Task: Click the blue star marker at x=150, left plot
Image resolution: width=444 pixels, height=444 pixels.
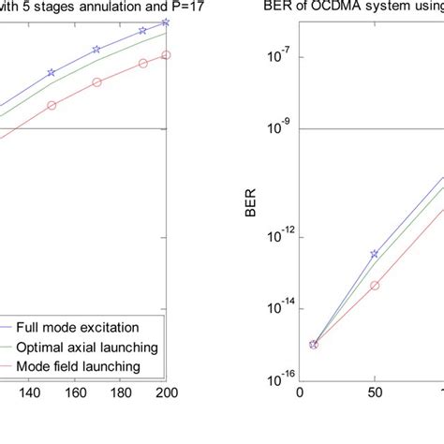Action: pos(52,72)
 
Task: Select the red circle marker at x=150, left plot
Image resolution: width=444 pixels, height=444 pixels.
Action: pos(52,105)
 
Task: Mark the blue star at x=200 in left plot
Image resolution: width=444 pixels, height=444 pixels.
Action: pos(166,22)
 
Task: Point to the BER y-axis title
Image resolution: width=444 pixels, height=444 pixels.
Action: pos(250,199)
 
